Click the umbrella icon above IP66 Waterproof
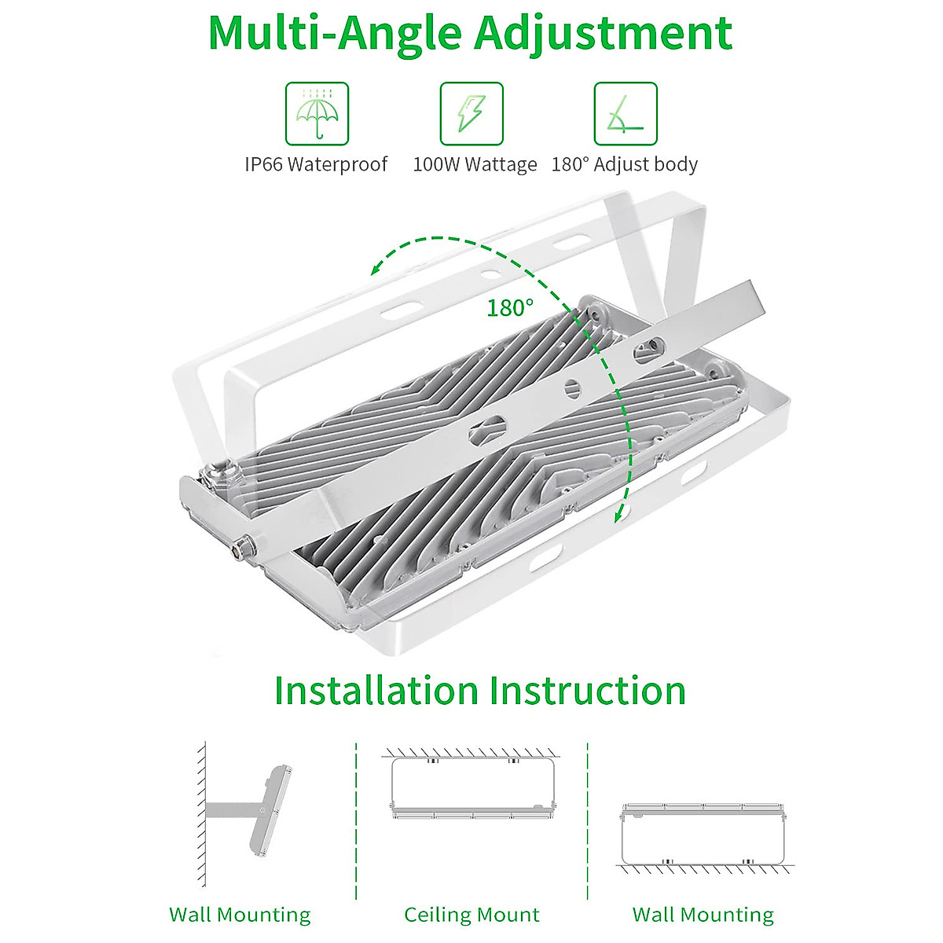point(317,114)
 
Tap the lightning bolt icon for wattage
point(472,114)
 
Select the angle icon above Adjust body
point(625,114)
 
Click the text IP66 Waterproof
point(316,164)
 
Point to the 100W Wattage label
point(475,164)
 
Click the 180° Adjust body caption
point(624,164)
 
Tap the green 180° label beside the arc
point(509,308)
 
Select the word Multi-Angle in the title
point(334,33)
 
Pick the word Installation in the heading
point(376,690)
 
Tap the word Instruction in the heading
point(587,690)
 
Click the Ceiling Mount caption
point(472,915)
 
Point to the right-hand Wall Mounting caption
point(703,915)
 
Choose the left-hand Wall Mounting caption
point(240,915)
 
